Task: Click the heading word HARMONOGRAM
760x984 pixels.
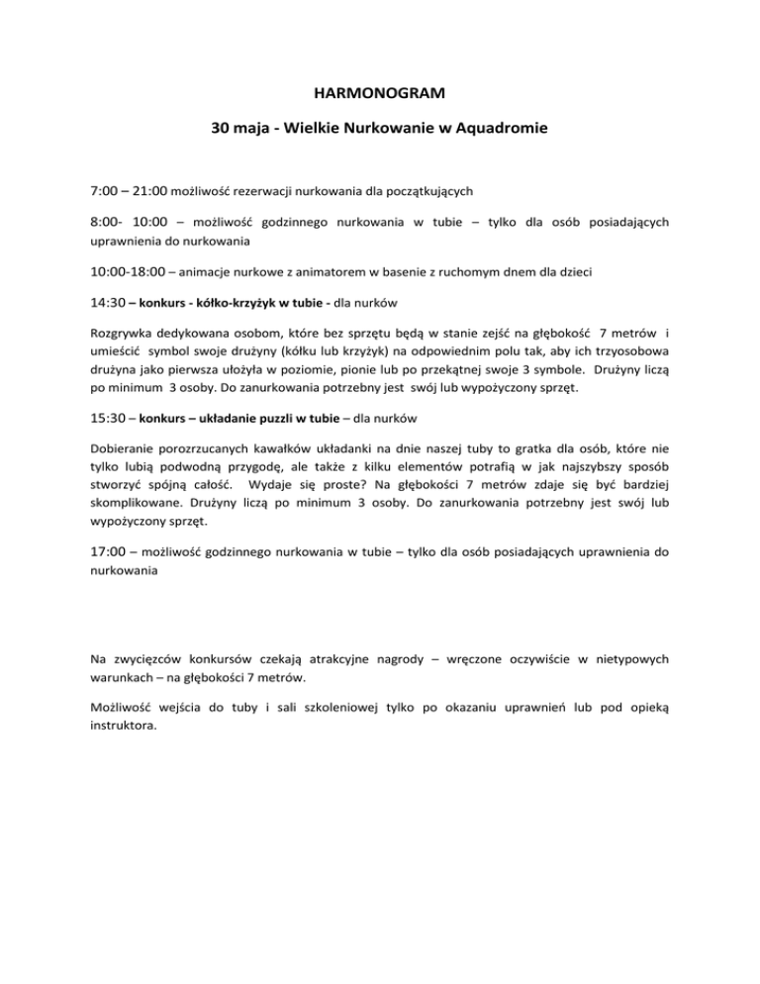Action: click(x=379, y=95)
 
